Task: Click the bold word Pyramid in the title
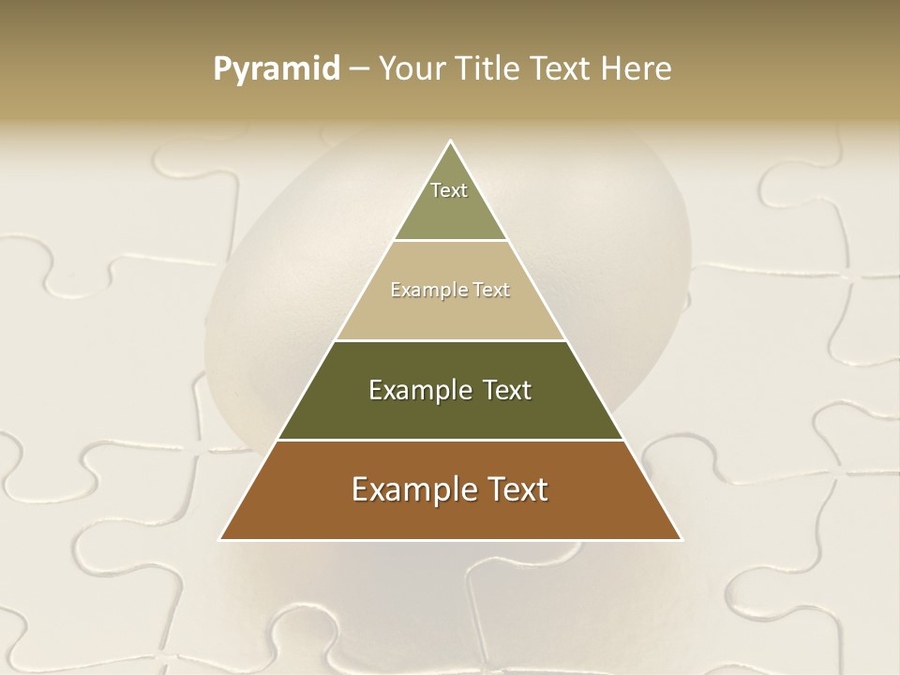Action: point(277,68)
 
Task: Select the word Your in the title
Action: point(412,68)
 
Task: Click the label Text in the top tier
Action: point(449,190)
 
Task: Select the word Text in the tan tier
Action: point(491,291)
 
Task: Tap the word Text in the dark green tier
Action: point(507,390)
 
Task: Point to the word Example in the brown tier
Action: point(412,489)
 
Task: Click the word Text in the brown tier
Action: point(520,489)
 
